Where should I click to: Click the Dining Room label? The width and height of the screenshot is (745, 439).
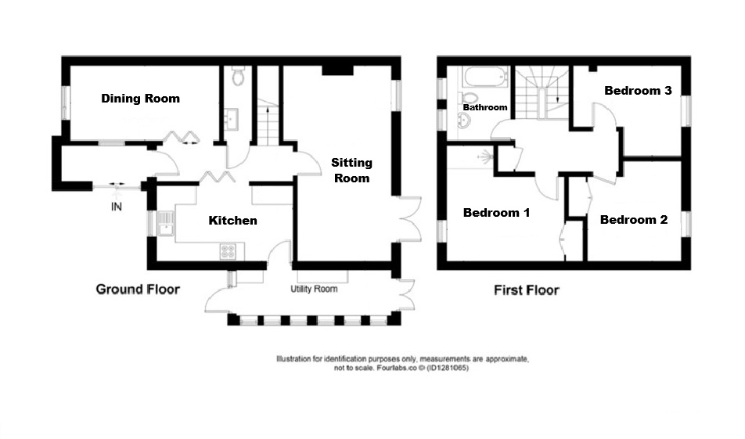141,99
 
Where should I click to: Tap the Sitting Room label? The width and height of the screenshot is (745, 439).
351,170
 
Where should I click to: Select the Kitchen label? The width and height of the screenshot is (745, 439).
233,221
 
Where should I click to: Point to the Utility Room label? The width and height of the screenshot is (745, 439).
314,289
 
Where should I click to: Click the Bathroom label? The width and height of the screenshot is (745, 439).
485,107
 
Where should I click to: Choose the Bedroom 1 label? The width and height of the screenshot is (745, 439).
496,212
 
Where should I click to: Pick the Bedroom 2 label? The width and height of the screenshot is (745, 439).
634,219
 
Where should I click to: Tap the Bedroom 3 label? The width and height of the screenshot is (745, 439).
638,91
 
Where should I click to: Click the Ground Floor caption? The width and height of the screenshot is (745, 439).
138,290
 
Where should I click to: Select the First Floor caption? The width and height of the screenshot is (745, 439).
527,290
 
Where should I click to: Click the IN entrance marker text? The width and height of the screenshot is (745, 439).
117,207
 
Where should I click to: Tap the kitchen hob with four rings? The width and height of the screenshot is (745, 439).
228,252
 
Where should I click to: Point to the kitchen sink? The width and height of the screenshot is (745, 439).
165,223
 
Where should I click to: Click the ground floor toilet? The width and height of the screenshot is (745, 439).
238,76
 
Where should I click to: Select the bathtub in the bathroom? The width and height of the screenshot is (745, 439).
485,77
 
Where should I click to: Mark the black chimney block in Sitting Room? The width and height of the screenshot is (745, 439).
338,70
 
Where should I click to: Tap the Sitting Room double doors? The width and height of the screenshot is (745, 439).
409,219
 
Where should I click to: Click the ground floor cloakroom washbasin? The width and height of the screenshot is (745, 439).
232,119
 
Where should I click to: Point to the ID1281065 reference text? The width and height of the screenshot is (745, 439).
448,368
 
